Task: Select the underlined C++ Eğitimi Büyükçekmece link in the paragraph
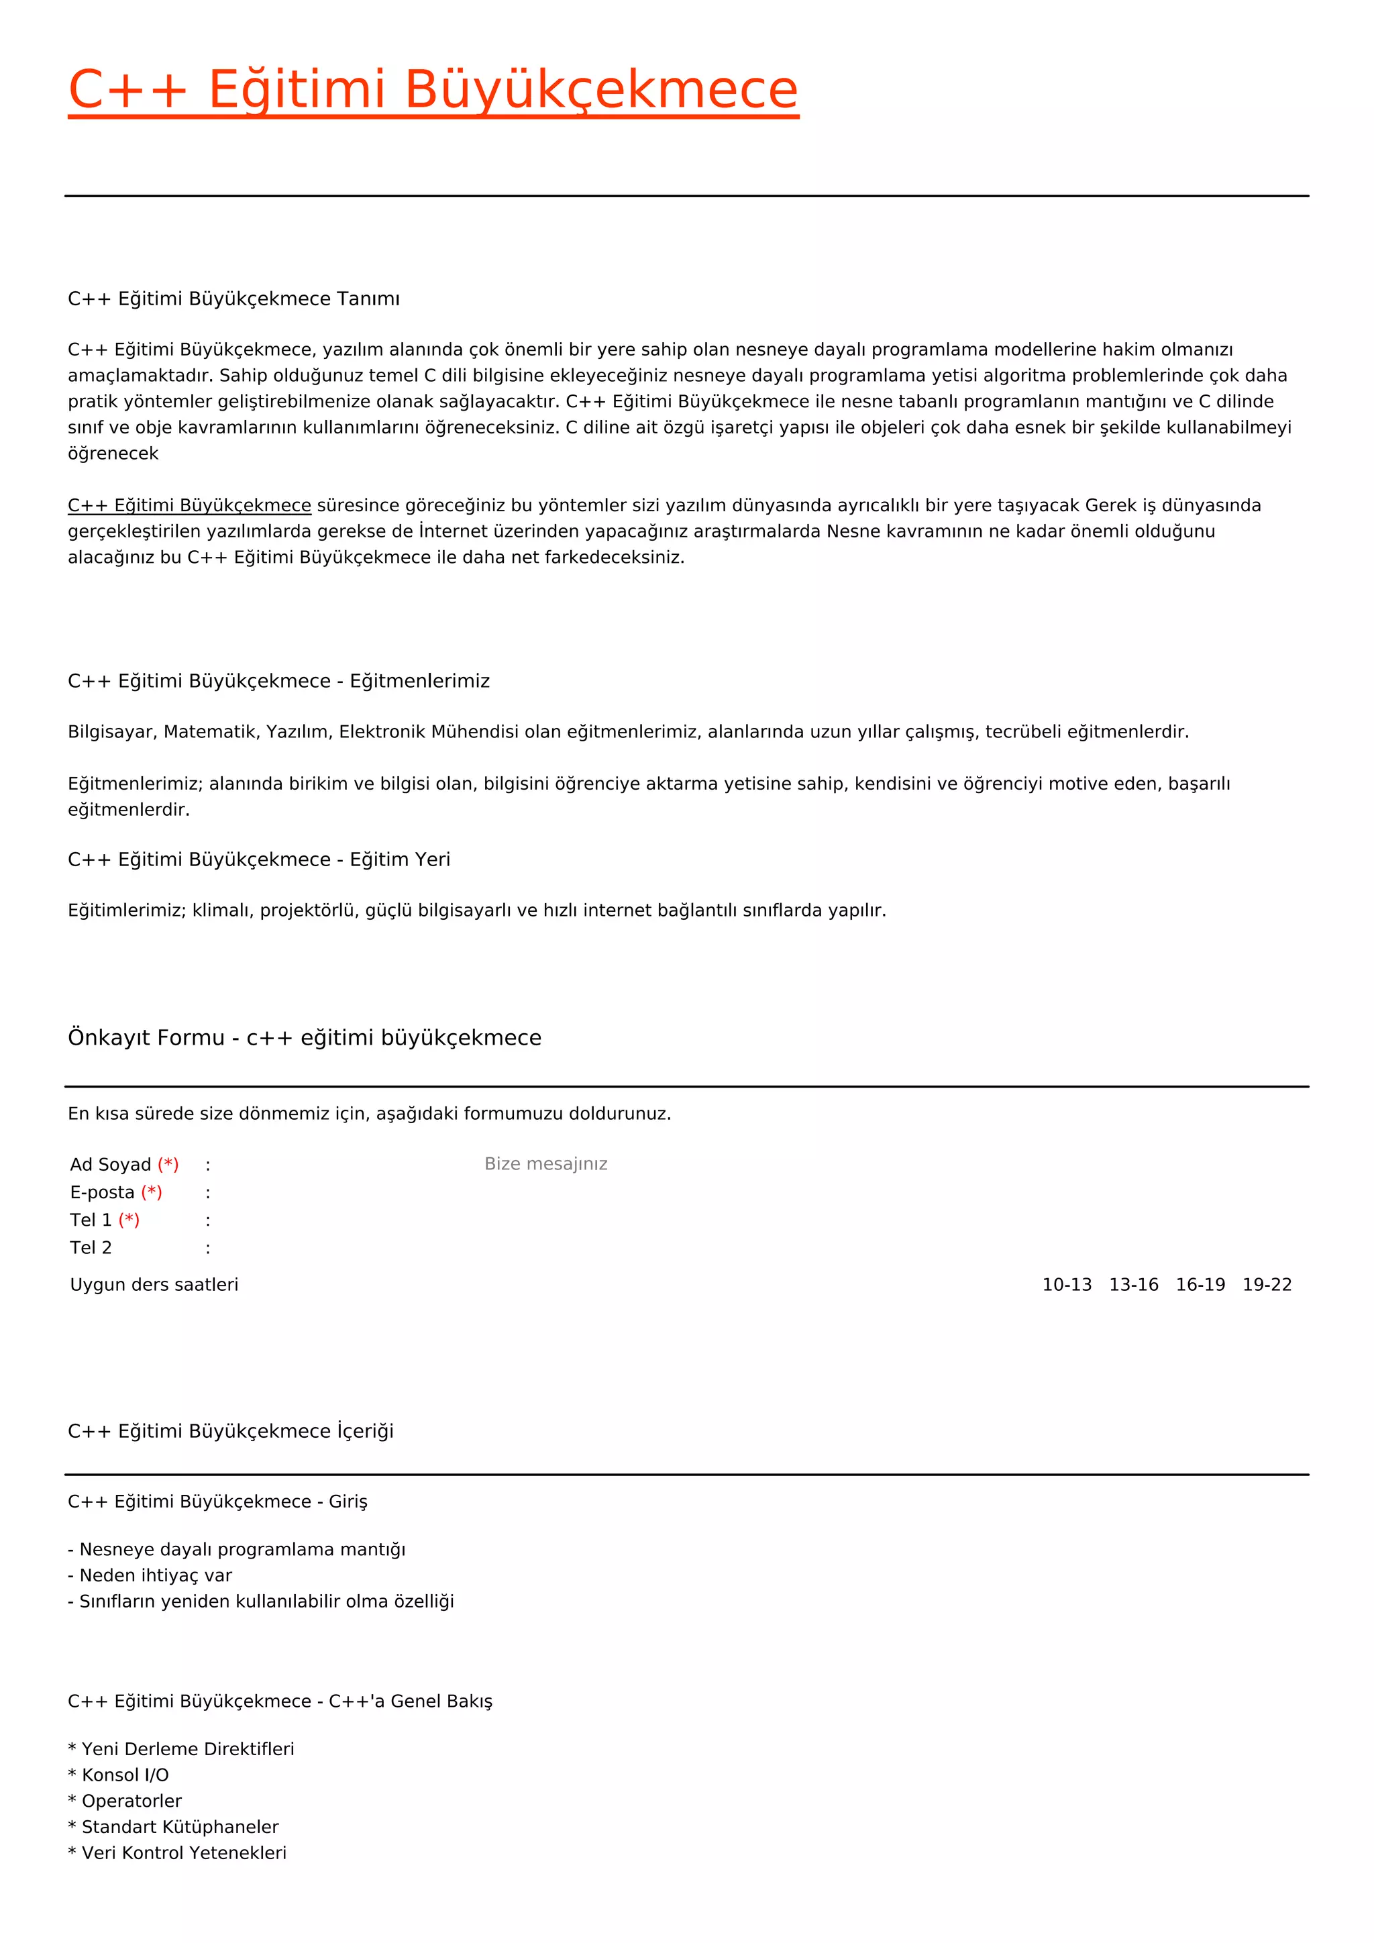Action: pos(189,505)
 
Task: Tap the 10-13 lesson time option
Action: pos(1066,1285)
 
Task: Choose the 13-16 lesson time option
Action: pos(1133,1285)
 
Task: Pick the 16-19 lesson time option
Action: pos(1200,1285)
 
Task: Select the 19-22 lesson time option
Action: pos(1267,1285)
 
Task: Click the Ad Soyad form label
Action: pos(110,1165)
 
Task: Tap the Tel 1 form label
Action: pos(91,1220)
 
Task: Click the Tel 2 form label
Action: pos(91,1247)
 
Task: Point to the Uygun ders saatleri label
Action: pos(154,1285)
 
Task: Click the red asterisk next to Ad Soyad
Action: pos(168,1165)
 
